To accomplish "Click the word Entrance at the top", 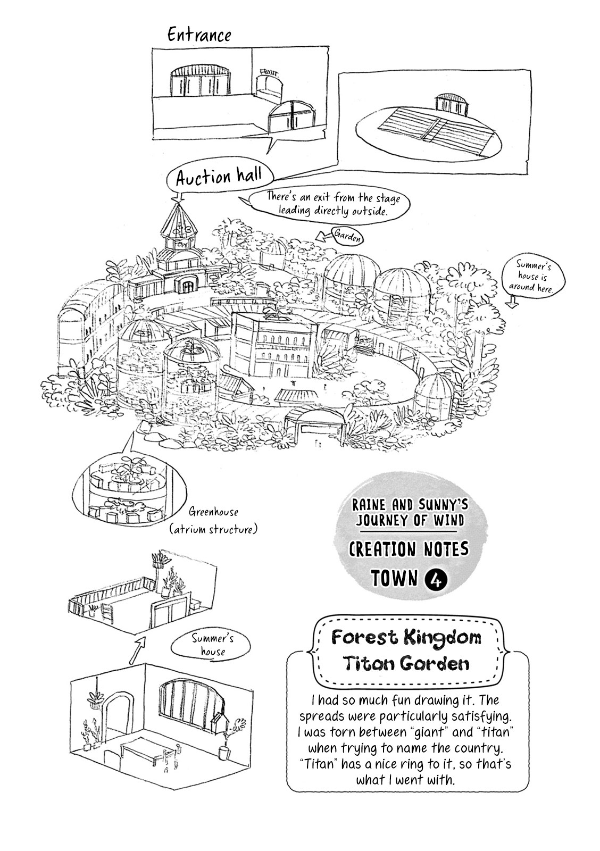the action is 199,35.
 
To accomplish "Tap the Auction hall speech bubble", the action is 220,176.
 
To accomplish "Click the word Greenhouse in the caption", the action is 214,512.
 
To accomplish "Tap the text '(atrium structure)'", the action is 213,529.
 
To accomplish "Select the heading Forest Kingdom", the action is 406,637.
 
